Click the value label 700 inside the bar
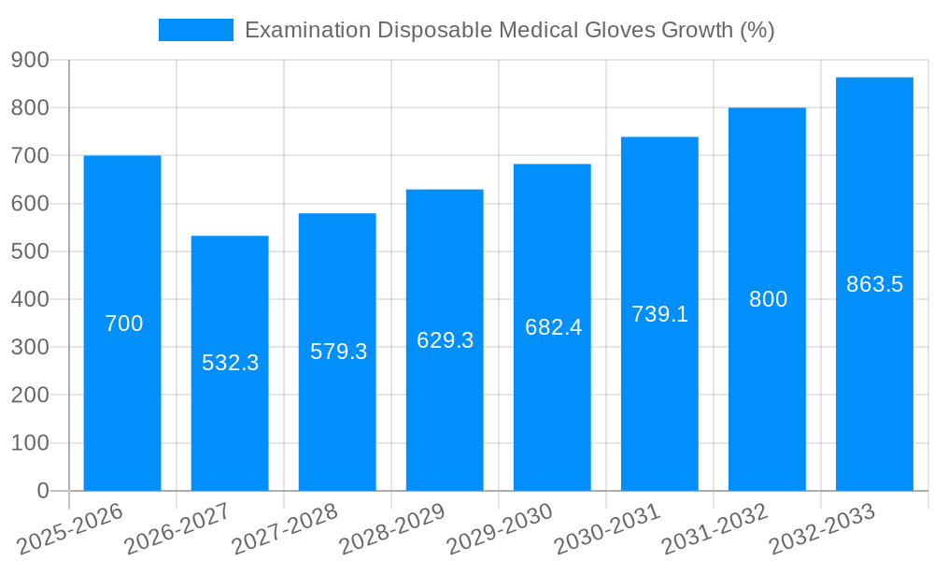click(123, 324)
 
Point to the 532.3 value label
click(230, 363)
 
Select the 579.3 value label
click(338, 352)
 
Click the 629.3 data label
click(445, 340)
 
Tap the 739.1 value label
click(659, 314)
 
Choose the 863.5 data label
click(874, 284)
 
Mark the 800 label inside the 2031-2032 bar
click(768, 299)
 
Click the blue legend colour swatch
click(196, 30)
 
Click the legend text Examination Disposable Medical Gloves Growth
click(509, 30)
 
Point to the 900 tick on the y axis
click(30, 60)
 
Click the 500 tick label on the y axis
click(30, 252)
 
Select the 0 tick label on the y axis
click(42, 491)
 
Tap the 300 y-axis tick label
click(30, 348)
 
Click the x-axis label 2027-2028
click(285, 528)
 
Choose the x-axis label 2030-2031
click(607, 528)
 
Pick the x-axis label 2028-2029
click(392, 528)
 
